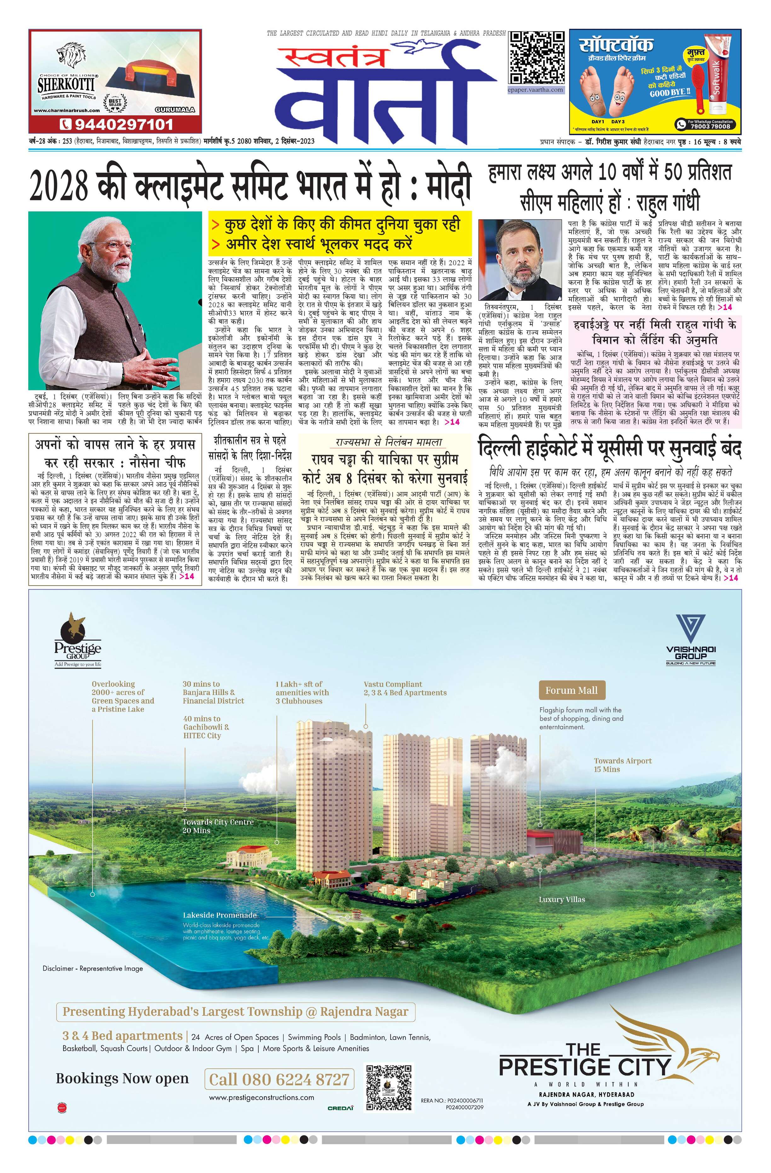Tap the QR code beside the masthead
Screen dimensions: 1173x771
pos(536,58)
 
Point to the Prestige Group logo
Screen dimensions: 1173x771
pos(78,639)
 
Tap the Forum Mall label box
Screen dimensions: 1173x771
pos(571,691)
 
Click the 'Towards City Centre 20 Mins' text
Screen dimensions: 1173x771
pos(218,826)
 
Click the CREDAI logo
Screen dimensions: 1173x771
pos(341,1108)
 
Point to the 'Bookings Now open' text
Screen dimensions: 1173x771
pos(122,1078)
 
